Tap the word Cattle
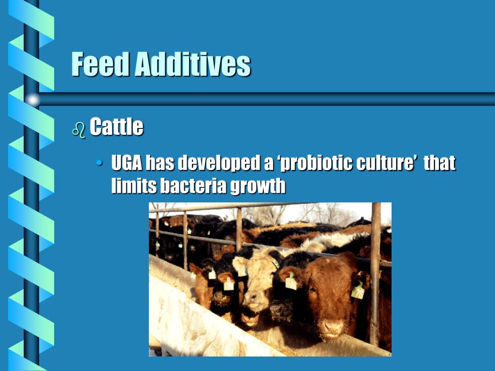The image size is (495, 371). pyautogui.click(x=116, y=127)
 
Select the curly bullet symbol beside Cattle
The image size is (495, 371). pyautogui.click(x=78, y=129)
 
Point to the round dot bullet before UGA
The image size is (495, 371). pyautogui.click(x=100, y=163)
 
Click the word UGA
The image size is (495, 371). pyautogui.click(x=127, y=163)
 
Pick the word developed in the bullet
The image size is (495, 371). pyautogui.click(x=218, y=163)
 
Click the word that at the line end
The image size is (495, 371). pyautogui.click(x=439, y=163)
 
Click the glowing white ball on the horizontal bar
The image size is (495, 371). pyautogui.click(x=32, y=100)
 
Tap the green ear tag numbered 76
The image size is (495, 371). pyautogui.click(x=358, y=291)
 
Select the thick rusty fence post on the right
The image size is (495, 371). pyautogui.click(x=375, y=271)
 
